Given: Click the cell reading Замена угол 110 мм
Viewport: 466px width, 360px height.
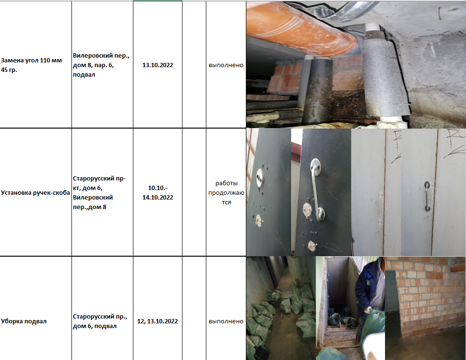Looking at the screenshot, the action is (x=31, y=65).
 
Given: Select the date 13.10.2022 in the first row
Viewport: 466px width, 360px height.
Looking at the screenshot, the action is (x=158, y=65).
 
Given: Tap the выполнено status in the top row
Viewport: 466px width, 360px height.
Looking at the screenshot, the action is (x=226, y=65).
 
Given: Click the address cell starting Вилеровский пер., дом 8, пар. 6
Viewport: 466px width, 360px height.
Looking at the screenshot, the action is (x=101, y=65).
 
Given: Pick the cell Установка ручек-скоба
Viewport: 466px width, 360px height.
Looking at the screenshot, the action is (x=35, y=193).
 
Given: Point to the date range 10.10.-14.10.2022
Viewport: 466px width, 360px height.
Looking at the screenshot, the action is (x=158, y=193).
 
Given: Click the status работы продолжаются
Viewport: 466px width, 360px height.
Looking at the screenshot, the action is (x=226, y=193).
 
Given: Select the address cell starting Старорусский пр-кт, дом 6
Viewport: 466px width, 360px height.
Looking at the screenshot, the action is (x=99, y=193).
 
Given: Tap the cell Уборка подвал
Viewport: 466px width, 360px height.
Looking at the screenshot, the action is (x=24, y=321).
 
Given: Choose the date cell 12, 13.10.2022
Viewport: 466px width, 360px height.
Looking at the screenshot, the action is (x=158, y=321).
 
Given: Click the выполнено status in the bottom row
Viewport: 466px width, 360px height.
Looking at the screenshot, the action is (x=226, y=321).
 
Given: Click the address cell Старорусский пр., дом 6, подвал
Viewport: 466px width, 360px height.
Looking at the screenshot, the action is (x=100, y=321).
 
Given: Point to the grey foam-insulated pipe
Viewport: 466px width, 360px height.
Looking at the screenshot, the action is (x=384, y=77).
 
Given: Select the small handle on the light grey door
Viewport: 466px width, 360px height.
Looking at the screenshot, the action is (x=427, y=196).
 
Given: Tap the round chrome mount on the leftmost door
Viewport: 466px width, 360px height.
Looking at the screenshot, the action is (x=260, y=177).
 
